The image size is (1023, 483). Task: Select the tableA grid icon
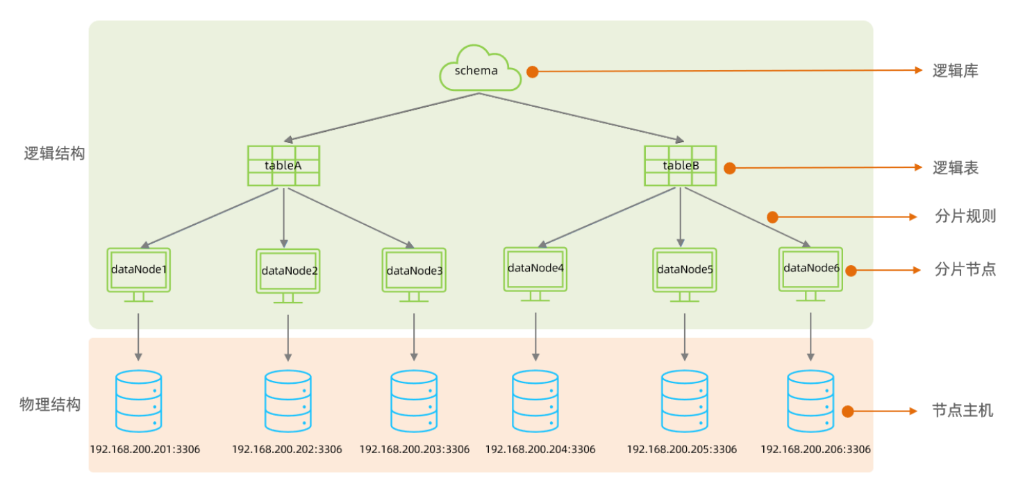tap(283, 165)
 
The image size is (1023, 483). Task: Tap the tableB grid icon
tap(680, 165)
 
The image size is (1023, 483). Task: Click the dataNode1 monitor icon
tap(138, 272)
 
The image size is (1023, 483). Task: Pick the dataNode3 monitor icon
tap(414, 273)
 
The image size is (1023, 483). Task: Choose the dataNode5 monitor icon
tap(684, 273)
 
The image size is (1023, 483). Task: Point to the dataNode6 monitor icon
tap(810, 272)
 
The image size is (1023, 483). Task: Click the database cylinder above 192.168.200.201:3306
tap(138, 401)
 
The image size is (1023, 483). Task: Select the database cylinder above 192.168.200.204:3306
tap(535, 401)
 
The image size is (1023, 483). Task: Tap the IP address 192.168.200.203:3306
tap(414, 449)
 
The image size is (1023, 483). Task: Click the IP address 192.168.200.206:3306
tap(815, 449)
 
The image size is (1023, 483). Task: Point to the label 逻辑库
tap(955, 71)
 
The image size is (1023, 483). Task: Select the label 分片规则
tap(965, 216)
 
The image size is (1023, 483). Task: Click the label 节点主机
tap(963, 411)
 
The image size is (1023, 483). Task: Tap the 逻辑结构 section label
tap(54, 153)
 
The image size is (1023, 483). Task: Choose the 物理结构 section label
tap(50, 405)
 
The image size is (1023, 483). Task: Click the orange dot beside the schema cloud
tap(532, 71)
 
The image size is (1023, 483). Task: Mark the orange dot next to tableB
tap(729, 168)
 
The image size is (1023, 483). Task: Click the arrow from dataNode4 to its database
tap(535, 336)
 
